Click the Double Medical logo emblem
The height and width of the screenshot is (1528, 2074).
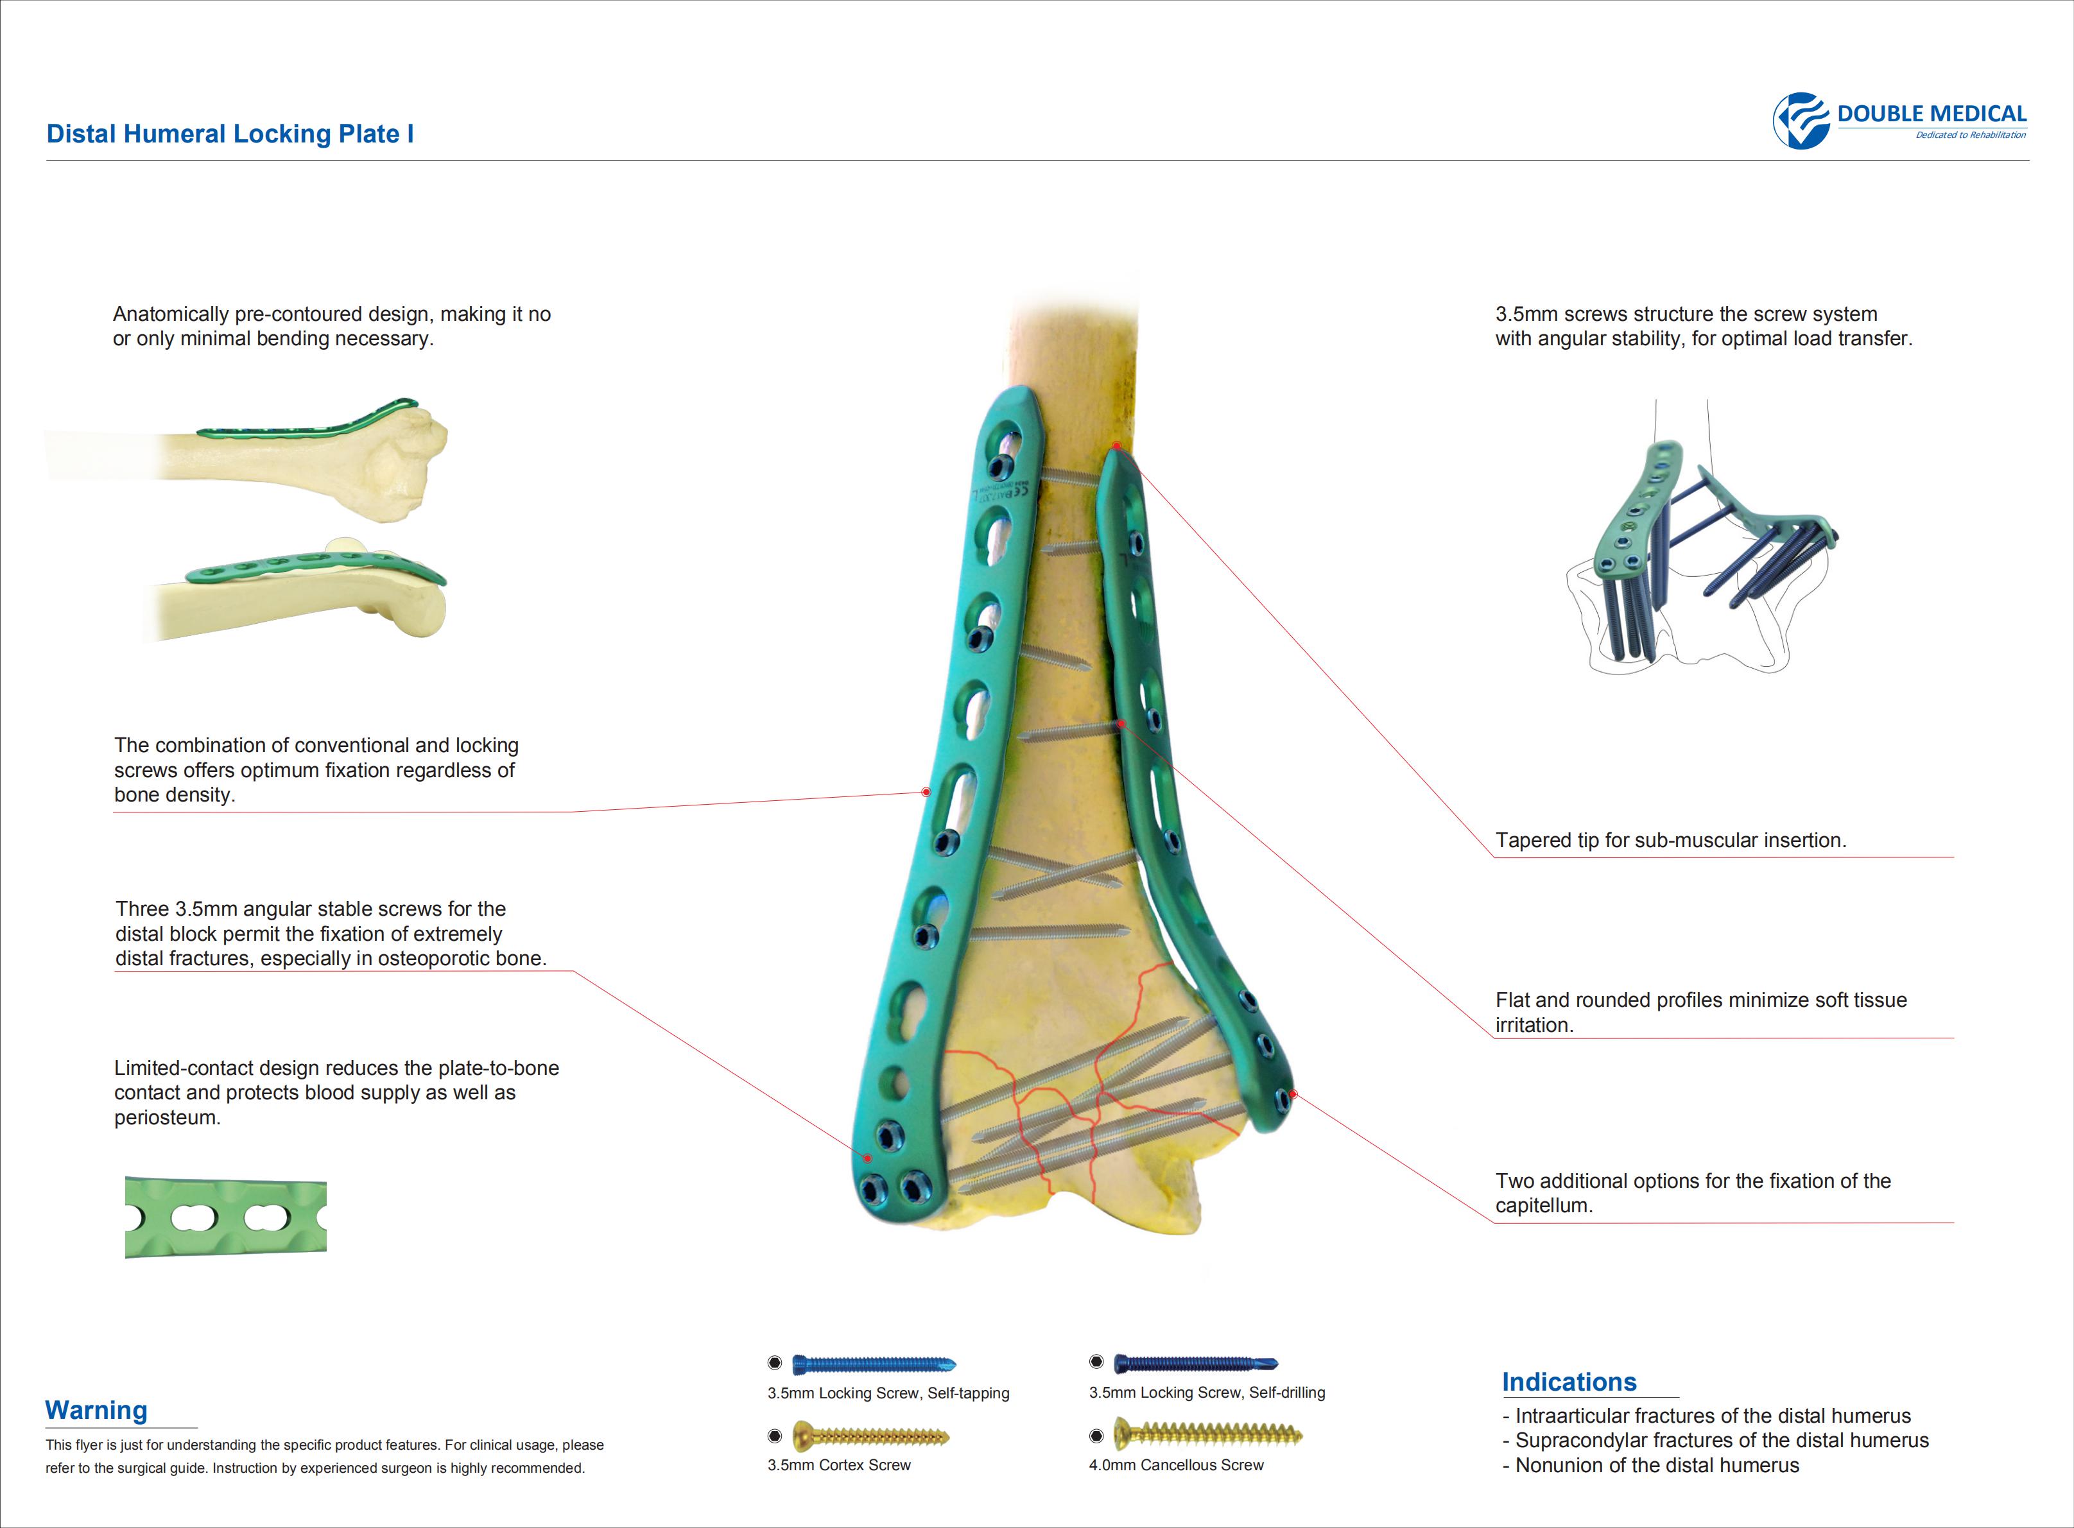click(x=1800, y=120)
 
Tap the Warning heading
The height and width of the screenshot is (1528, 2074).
click(x=96, y=1410)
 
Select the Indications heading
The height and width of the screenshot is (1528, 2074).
click(x=1569, y=1382)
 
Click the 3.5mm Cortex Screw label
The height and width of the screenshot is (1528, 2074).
click(x=839, y=1465)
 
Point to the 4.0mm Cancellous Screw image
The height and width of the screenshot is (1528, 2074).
click(x=1207, y=1434)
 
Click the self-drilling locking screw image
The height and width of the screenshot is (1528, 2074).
click(x=1196, y=1362)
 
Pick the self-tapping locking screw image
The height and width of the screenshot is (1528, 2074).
click(x=874, y=1363)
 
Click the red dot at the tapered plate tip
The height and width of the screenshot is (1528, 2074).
click(x=1116, y=446)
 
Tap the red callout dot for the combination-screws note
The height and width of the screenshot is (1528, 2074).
click(x=926, y=792)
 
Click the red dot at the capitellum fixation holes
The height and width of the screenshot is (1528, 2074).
click(x=1293, y=1094)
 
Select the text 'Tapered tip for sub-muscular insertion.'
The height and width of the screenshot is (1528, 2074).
click(x=1671, y=840)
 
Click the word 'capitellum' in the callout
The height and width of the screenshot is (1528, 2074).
click(x=1541, y=1206)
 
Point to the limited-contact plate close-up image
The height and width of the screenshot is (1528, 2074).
click(x=226, y=1217)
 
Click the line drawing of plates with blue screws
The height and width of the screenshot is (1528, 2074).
click(x=1702, y=537)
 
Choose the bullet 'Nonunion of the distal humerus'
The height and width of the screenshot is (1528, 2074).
click(x=1651, y=1465)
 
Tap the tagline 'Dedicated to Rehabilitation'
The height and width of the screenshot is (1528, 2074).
click(x=1971, y=135)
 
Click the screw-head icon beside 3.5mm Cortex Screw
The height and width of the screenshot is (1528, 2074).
click(x=775, y=1436)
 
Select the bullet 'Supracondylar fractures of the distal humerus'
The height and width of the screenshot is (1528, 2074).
click(x=1716, y=1440)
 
